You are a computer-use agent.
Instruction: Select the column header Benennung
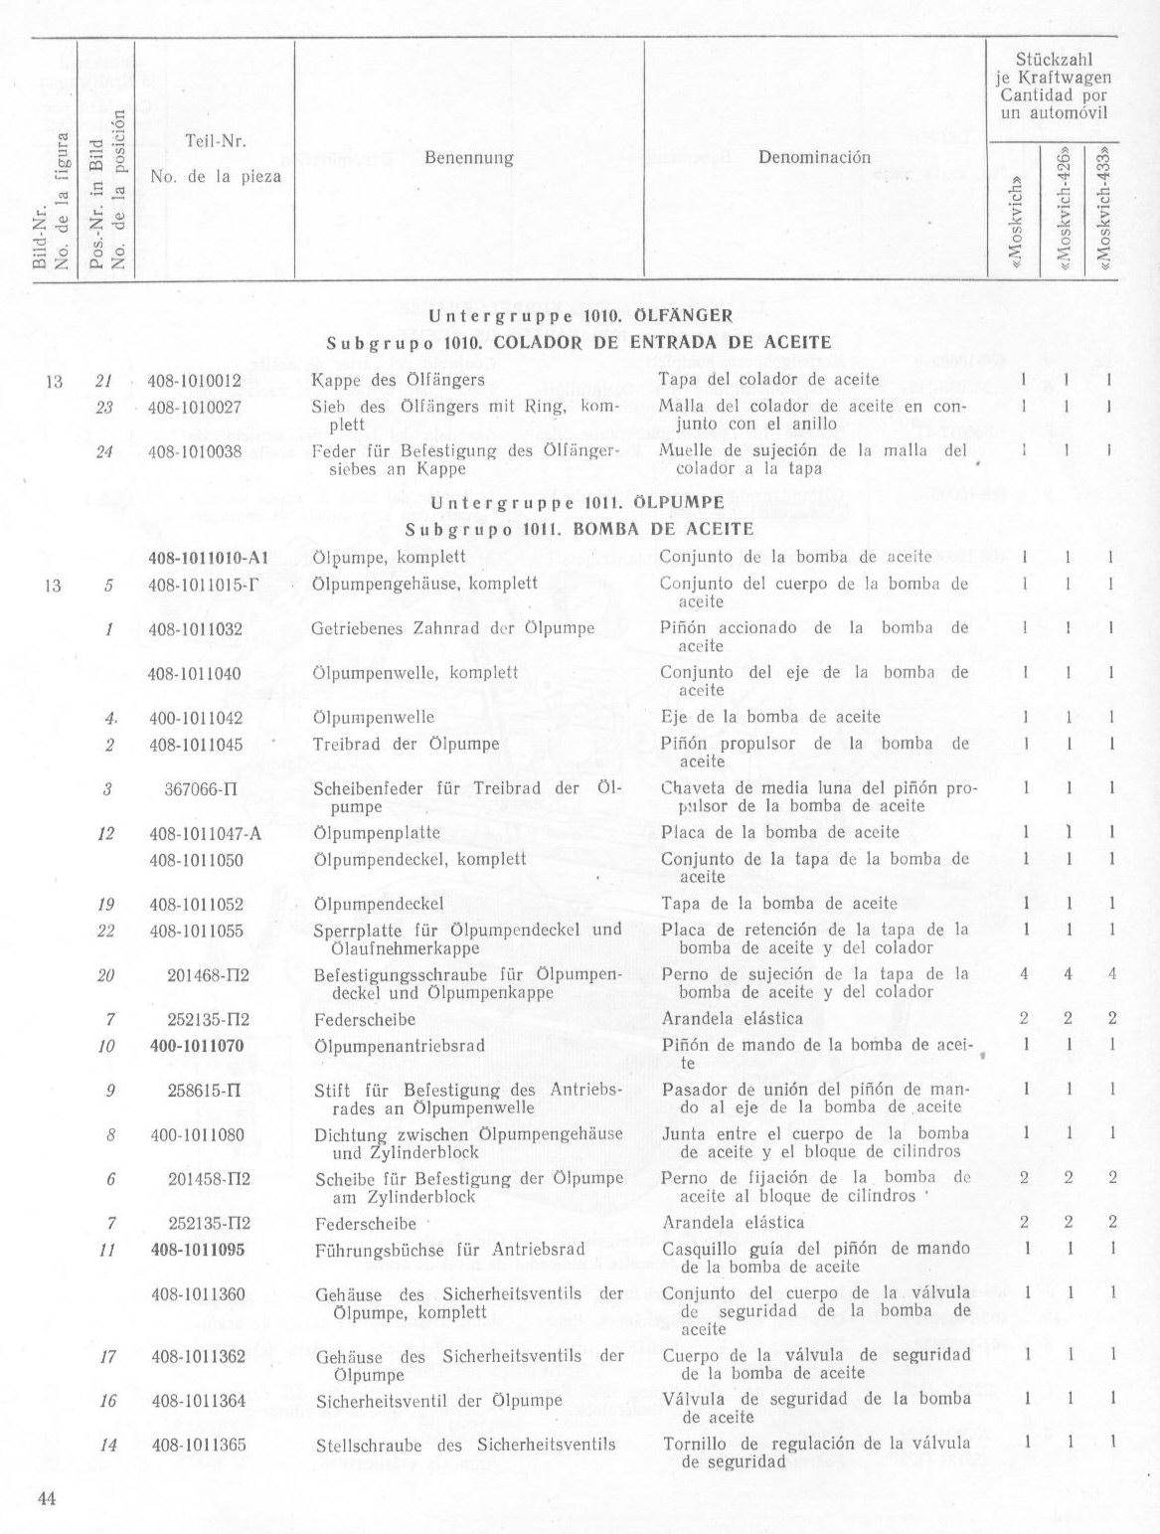click(x=468, y=158)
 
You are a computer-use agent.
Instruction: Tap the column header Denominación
click(x=814, y=157)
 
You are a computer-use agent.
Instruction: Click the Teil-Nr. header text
click(x=216, y=141)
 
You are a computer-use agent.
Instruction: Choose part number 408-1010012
click(x=195, y=380)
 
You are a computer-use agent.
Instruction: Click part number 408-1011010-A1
click(x=209, y=558)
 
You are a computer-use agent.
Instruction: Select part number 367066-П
click(x=203, y=788)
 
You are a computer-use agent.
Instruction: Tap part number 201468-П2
click(x=208, y=974)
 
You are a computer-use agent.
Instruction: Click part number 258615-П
click(x=205, y=1090)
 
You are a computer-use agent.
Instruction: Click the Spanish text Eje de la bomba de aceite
click(x=770, y=717)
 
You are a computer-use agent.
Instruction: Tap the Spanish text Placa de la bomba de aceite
click(x=780, y=833)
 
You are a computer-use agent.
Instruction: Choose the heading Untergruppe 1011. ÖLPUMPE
click(x=579, y=502)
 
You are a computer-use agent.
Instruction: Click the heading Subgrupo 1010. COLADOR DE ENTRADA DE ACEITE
click(x=579, y=342)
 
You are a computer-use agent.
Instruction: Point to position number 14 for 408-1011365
click(x=108, y=1445)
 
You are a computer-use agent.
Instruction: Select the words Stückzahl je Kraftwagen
click(x=1054, y=69)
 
